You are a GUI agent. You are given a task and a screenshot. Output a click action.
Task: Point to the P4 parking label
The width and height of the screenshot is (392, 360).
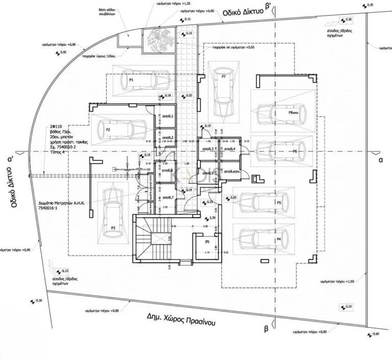[x=279, y=239]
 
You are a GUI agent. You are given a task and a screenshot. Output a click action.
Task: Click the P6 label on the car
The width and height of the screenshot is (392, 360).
[x=295, y=152]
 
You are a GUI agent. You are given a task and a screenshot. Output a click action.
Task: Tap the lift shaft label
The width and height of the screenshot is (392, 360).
[x=208, y=242]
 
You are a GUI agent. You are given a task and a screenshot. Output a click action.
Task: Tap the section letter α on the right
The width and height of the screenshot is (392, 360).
[x=381, y=159]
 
